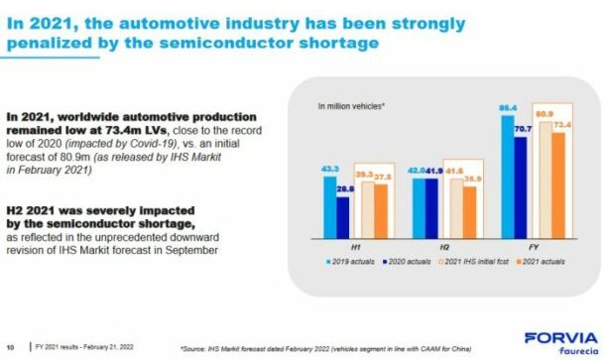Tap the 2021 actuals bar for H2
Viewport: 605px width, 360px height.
[x=469, y=214]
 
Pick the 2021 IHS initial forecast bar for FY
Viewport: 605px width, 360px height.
[x=544, y=183]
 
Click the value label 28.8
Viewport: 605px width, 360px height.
[x=343, y=186]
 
